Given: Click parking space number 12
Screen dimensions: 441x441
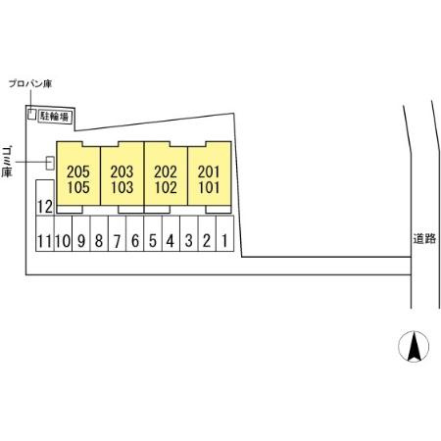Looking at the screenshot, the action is click(x=45, y=198).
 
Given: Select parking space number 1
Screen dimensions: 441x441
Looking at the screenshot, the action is click(x=225, y=233).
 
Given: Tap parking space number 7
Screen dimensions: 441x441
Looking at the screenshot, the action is click(x=117, y=233).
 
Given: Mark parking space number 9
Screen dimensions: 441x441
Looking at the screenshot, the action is click(x=81, y=233).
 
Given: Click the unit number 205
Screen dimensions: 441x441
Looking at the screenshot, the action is click(x=78, y=171).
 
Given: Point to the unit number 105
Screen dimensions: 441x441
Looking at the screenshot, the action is click(x=78, y=187).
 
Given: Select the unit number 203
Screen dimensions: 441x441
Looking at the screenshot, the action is click(x=122, y=171).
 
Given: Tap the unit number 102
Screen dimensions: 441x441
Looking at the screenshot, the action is click(x=166, y=187).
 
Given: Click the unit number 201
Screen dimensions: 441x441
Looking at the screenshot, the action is click(x=209, y=171).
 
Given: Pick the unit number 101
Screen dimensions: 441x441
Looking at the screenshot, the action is click(x=209, y=187).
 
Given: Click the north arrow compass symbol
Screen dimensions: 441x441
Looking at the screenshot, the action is click(x=414, y=346).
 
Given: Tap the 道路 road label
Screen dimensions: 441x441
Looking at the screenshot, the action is click(x=424, y=239).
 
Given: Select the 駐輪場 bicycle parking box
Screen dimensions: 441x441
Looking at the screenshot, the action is click(x=55, y=117).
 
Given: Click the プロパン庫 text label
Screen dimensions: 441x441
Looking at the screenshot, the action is click(x=30, y=84).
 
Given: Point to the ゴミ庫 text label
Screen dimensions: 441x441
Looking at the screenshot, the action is click(x=7, y=162).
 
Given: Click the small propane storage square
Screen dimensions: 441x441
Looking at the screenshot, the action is click(x=31, y=114).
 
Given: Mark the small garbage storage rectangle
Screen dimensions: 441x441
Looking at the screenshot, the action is click(x=50, y=163).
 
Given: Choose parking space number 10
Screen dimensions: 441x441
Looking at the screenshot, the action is click(x=63, y=233).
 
